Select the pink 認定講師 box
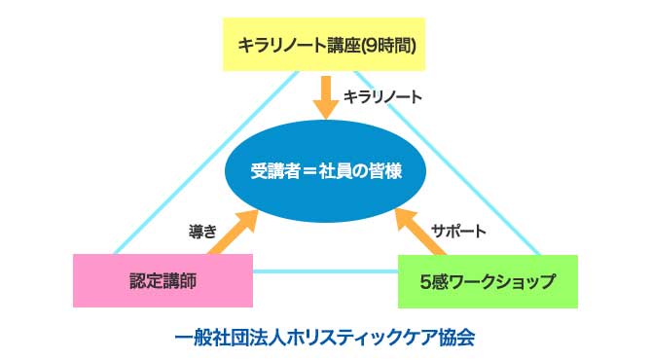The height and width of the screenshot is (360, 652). click(163, 280)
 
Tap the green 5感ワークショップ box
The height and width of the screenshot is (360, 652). click(488, 280)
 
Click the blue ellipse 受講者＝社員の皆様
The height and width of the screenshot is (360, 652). click(326, 172)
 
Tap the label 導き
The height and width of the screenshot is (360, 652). click(201, 233)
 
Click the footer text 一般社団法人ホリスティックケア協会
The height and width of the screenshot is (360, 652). click(325, 338)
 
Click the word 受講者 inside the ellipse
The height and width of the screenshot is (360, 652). click(272, 172)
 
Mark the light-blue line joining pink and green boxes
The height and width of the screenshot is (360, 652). click(326, 272)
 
